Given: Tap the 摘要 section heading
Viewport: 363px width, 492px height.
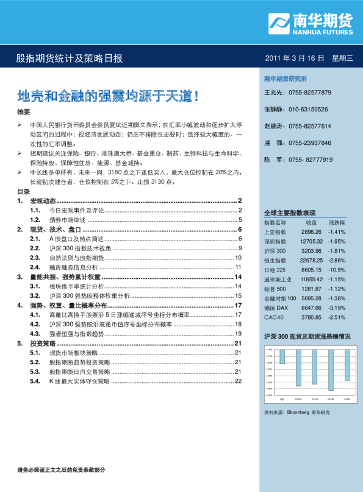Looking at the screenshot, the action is [23, 112].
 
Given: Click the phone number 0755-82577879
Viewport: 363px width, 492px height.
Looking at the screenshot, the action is [309, 93].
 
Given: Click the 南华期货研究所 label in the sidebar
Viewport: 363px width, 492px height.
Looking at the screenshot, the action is [285, 79].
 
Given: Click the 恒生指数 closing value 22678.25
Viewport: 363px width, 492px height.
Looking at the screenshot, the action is [311, 260].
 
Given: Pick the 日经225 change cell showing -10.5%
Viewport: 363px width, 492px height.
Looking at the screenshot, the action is [337, 269].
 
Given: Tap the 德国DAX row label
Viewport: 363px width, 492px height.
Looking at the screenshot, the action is [276, 307].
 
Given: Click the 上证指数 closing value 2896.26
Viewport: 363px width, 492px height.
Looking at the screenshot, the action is [311, 232].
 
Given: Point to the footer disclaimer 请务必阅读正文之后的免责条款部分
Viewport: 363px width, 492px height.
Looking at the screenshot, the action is [62, 469].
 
